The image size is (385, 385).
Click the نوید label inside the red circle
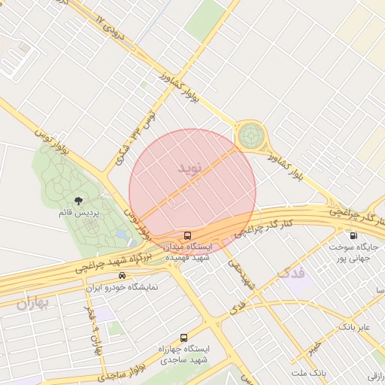coord(190,168)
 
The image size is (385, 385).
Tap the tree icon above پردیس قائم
coord(79,201)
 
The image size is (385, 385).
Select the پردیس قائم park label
coord(78,213)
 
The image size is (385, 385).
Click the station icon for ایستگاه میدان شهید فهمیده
coord(186,235)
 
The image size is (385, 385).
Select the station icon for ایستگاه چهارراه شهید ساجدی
coord(184,338)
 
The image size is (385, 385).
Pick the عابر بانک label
coord(354,327)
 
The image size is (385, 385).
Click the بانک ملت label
coord(311,373)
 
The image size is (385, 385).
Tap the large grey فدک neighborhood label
coord(293,272)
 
